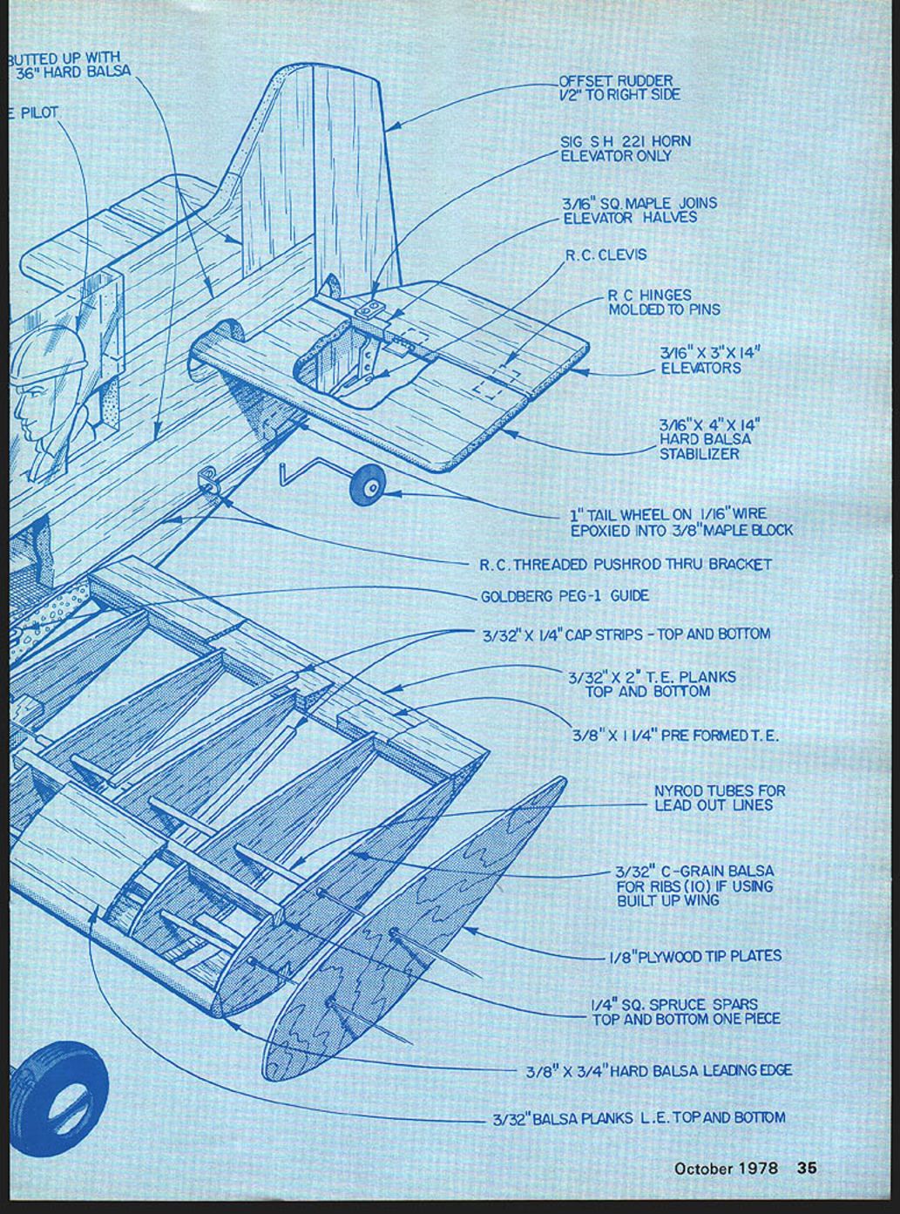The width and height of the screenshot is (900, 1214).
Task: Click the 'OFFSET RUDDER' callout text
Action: (619, 87)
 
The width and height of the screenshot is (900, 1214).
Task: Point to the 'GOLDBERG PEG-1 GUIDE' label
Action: (565, 597)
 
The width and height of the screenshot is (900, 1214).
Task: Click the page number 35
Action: (808, 1168)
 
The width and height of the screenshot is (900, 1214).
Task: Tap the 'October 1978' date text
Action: (726, 1168)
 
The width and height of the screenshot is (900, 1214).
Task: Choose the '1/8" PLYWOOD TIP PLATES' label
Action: (694, 956)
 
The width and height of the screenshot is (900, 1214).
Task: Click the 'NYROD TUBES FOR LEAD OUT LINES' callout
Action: (720, 798)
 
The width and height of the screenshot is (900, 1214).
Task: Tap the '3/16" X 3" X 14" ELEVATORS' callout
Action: (711, 361)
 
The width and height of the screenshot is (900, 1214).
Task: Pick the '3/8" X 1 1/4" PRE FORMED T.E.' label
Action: (675, 736)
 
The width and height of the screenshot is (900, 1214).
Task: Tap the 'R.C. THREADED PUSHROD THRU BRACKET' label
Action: (626, 565)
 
